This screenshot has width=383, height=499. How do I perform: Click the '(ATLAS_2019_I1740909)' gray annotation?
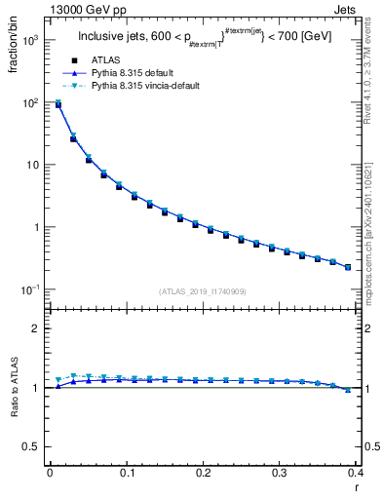202,291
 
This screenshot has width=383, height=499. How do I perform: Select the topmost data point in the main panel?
58,104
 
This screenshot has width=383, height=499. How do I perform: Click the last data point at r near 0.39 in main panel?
348,267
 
